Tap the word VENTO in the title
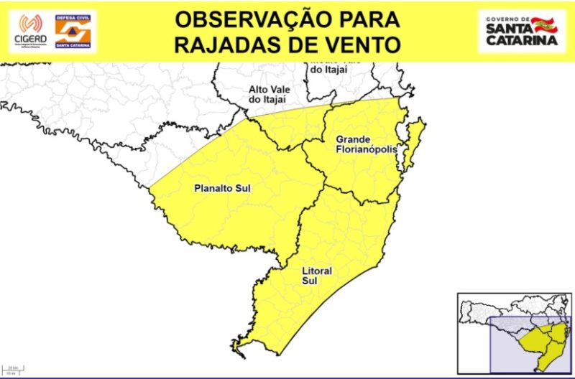pyautogui.click(x=364, y=45)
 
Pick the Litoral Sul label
pyautogui.click(x=313, y=276)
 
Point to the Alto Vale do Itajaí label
pyautogui.click(x=268, y=94)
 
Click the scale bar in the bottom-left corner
pyautogui.click(x=12, y=369)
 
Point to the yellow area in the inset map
pyautogui.click(x=538, y=345)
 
